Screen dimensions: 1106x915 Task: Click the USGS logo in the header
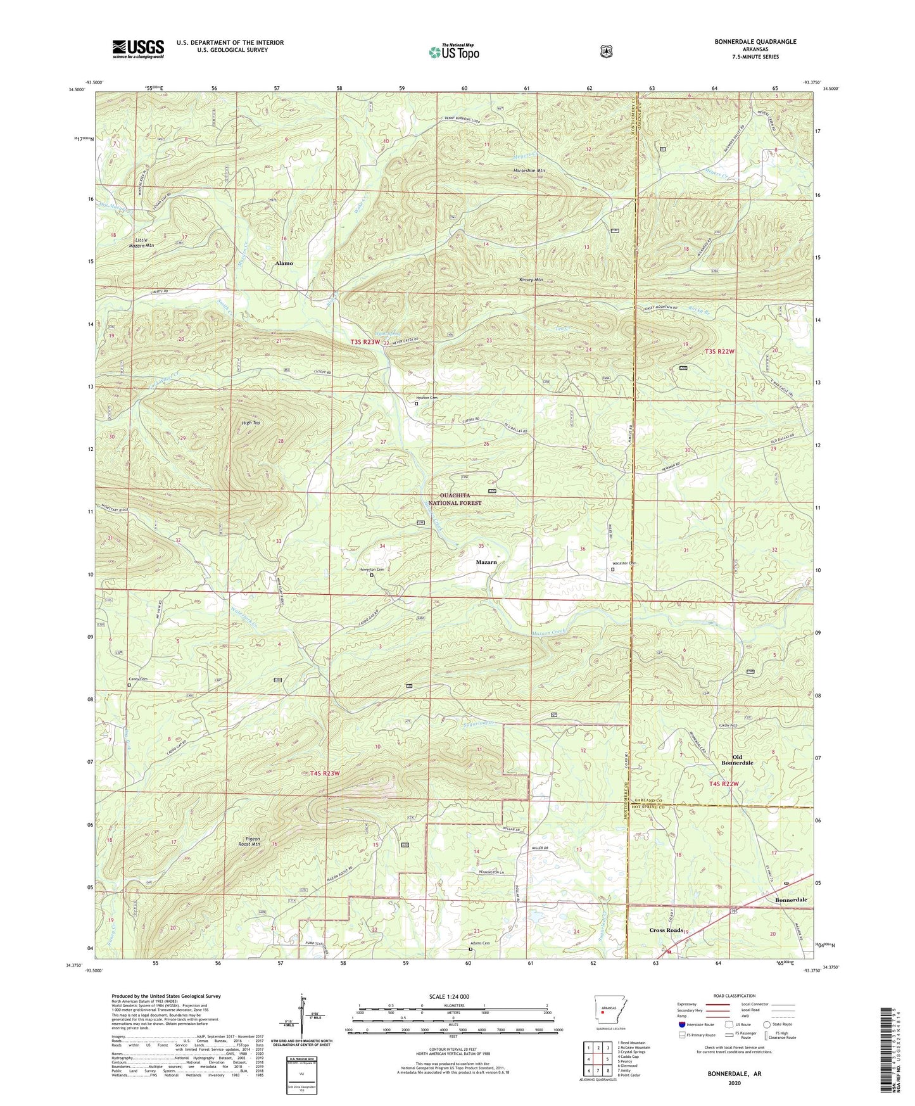tap(138, 48)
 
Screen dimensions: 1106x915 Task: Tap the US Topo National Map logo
tap(453, 51)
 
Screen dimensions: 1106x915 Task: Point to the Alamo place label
tap(284, 263)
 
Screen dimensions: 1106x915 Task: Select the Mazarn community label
tap(486, 562)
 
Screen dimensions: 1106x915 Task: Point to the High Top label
tap(251, 423)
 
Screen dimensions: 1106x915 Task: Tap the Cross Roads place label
tap(666, 930)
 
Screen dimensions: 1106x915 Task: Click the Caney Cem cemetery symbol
tap(129, 685)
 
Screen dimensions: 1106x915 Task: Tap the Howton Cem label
tap(426, 398)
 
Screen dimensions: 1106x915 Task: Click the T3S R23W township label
tap(365, 342)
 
